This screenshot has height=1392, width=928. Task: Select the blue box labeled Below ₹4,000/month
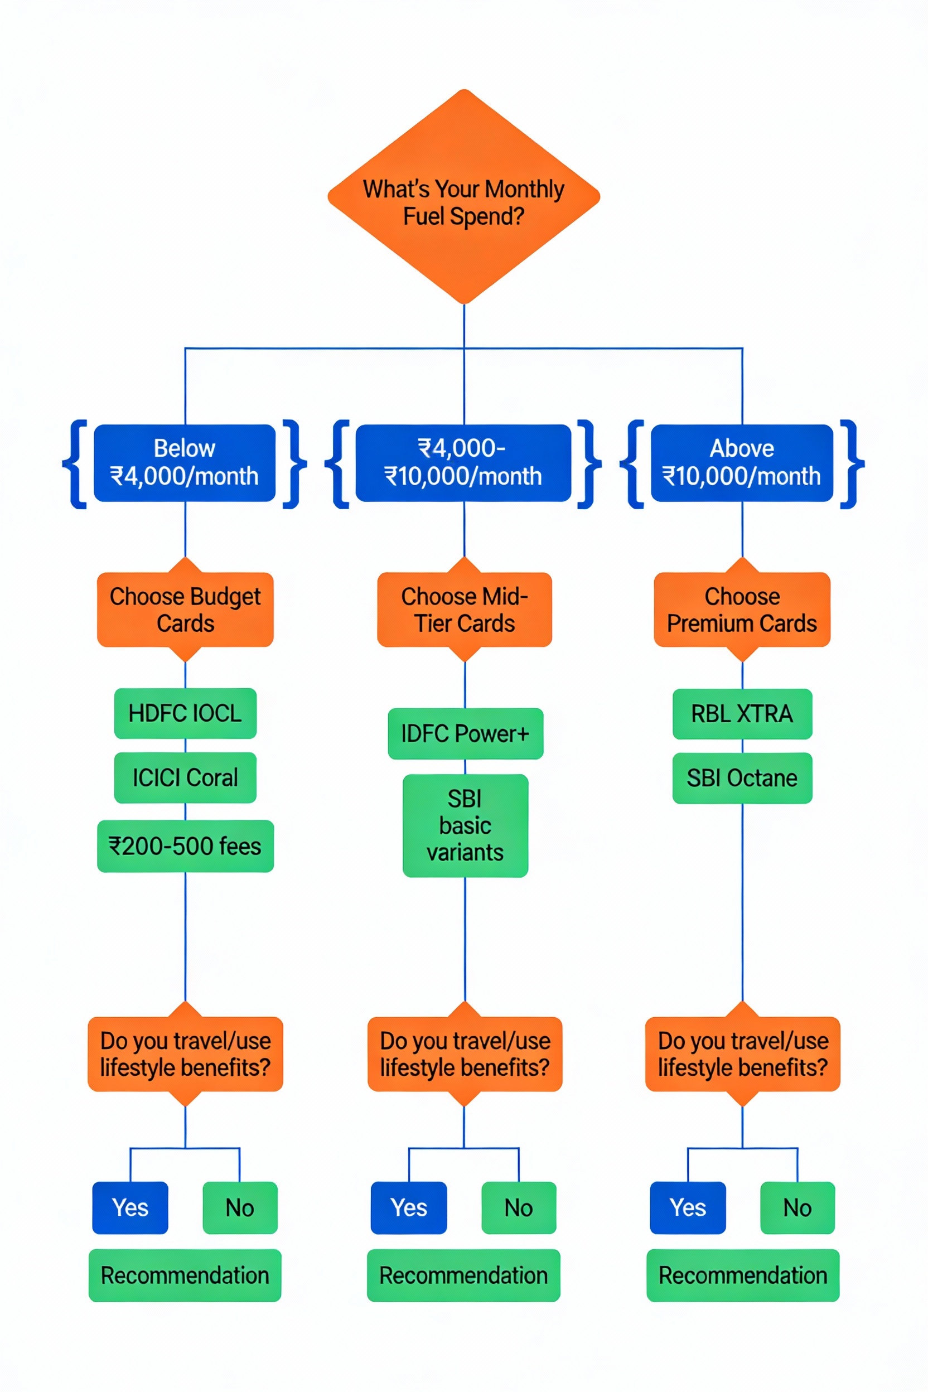click(x=185, y=463)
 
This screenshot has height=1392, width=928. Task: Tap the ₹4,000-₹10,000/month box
click(x=463, y=463)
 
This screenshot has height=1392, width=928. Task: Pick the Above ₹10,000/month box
click(x=742, y=463)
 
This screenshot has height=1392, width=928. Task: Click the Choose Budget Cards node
click(x=185, y=610)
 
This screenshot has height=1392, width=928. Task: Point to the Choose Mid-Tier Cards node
click(x=465, y=610)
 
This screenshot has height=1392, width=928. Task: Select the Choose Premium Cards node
click(x=742, y=610)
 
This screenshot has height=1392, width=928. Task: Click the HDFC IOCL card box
click(x=185, y=713)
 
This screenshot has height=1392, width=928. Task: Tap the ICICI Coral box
click(x=185, y=777)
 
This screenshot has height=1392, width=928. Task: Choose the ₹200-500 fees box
click(x=185, y=847)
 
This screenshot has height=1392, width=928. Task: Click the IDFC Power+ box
click(x=465, y=734)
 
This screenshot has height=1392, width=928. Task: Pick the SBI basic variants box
click(x=465, y=825)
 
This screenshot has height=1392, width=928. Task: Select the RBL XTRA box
click(x=742, y=714)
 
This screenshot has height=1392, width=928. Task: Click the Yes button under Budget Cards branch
click(x=130, y=1208)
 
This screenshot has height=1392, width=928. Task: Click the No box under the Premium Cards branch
click(x=797, y=1208)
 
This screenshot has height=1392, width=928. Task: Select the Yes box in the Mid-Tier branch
click(x=409, y=1208)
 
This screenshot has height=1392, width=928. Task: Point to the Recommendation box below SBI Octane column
click(x=743, y=1275)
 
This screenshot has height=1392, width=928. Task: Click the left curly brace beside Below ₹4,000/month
click(x=76, y=464)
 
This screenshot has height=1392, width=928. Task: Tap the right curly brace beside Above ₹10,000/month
click(x=852, y=464)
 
